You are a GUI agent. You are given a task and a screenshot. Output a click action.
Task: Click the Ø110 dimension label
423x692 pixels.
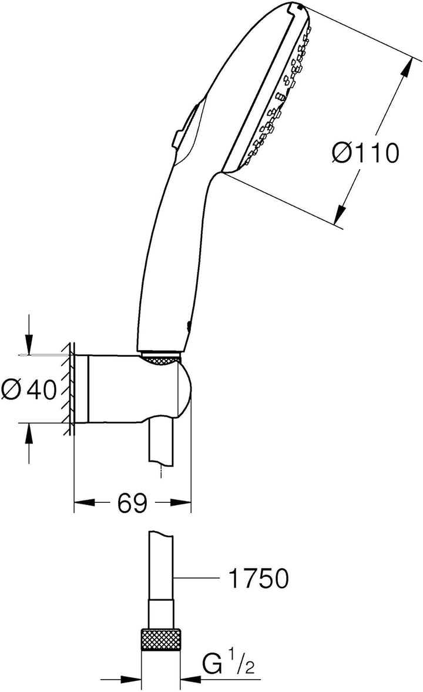365,153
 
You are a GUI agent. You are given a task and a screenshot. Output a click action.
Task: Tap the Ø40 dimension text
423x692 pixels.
29,389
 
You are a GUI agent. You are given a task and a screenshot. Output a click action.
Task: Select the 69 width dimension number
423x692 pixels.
132,503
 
